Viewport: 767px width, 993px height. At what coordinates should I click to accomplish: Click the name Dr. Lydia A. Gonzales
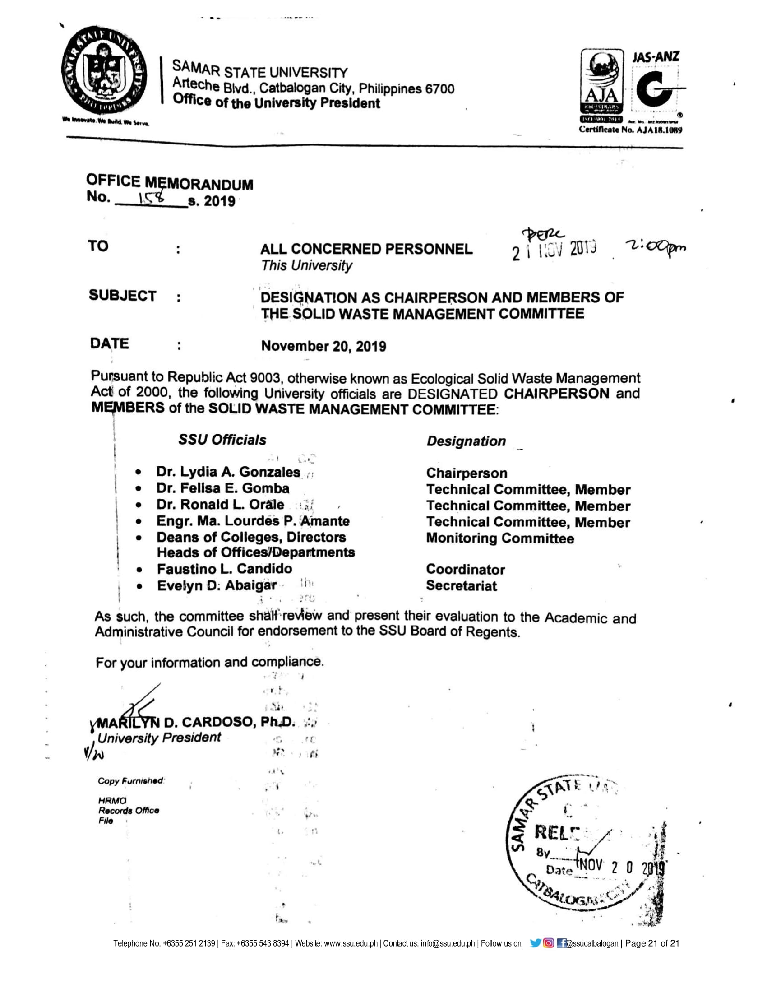[228, 472]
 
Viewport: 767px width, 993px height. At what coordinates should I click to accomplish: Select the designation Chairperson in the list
[466, 473]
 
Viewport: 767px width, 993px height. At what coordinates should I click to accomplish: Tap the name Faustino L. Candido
[225, 569]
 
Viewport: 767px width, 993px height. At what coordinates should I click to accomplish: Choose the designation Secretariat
[461, 585]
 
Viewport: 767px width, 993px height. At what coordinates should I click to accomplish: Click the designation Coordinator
[465, 569]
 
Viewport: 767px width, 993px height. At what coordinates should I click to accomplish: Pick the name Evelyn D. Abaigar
[217, 585]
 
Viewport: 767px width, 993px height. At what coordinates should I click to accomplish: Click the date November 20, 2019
[323, 347]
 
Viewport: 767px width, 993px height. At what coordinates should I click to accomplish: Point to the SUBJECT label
[122, 296]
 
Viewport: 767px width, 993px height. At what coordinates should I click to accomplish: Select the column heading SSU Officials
[222, 440]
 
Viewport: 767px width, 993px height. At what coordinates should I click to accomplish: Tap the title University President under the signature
[159, 738]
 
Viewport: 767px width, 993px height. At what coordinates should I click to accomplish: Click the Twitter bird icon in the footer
[536, 943]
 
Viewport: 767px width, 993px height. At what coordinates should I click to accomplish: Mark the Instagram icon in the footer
[549, 943]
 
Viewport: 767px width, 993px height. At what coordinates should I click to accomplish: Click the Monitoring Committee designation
[500, 538]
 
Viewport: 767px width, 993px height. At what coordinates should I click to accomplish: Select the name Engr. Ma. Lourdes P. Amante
[253, 521]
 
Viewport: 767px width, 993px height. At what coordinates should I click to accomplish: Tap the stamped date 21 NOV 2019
[554, 251]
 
